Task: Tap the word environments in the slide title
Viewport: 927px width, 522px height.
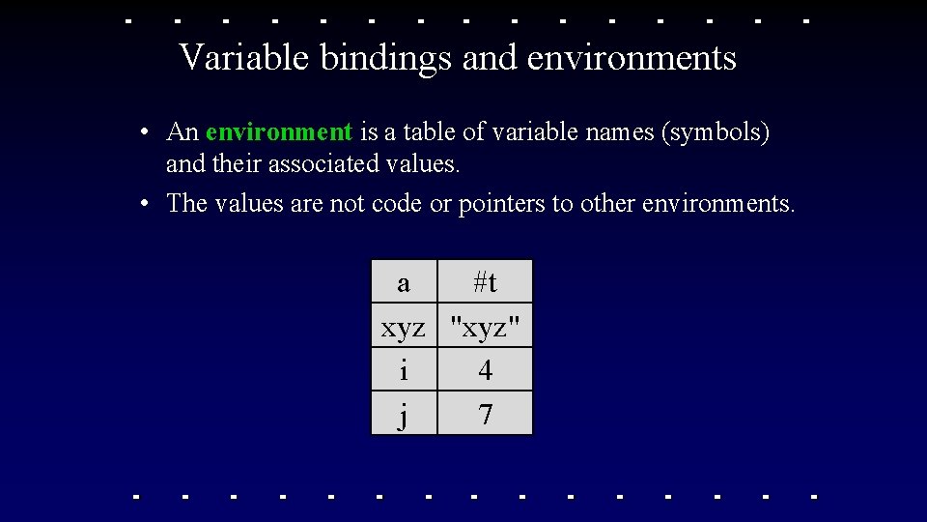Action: (x=632, y=58)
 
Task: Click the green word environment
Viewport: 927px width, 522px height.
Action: (x=279, y=131)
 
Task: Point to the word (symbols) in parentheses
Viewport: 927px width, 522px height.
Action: (x=716, y=131)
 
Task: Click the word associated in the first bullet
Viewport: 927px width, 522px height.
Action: (x=323, y=164)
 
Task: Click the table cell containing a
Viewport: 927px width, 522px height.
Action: (x=404, y=282)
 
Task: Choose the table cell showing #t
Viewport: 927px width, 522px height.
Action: (x=485, y=282)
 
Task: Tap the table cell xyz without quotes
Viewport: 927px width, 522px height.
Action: (x=404, y=327)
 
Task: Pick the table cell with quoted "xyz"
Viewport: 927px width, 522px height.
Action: (x=485, y=327)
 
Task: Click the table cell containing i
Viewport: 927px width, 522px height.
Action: (x=404, y=370)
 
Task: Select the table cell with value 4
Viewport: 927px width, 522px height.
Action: (x=485, y=370)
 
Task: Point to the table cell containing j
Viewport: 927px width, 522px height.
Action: (x=404, y=414)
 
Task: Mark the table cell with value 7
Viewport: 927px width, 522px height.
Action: (x=485, y=414)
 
